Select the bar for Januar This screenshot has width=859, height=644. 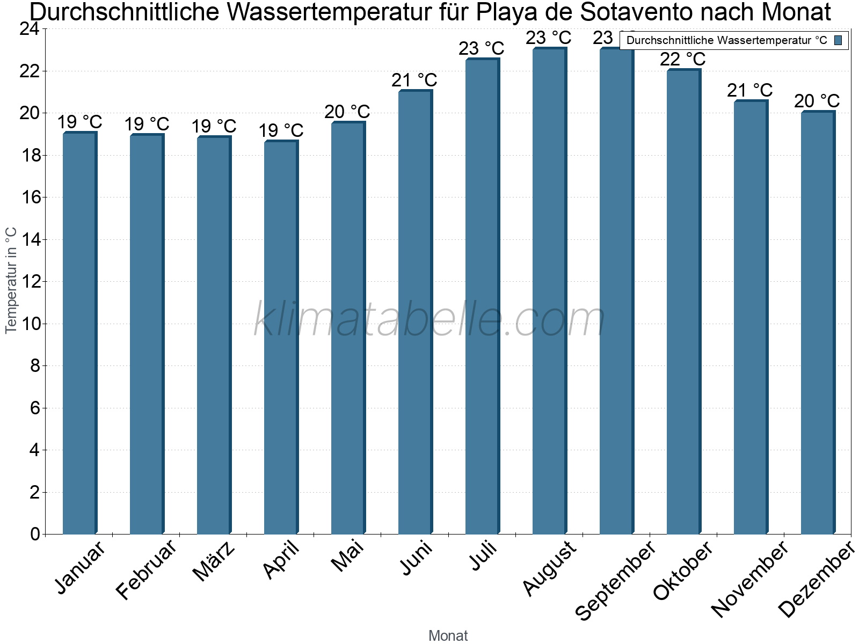click(x=79, y=333)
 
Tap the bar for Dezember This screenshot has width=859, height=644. click(x=818, y=322)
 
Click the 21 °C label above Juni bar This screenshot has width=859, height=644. click(x=414, y=80)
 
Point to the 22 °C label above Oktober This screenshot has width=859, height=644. click(x=682, y=59)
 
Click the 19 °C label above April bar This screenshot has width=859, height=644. click(x=281, y=130)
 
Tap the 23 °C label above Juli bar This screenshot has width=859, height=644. click(x=481, y=49)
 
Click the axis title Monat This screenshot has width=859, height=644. click(x=448, y=635)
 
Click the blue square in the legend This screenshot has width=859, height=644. click(x=838, y=40)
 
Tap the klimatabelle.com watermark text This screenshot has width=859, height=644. click(x=429, y=320)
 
